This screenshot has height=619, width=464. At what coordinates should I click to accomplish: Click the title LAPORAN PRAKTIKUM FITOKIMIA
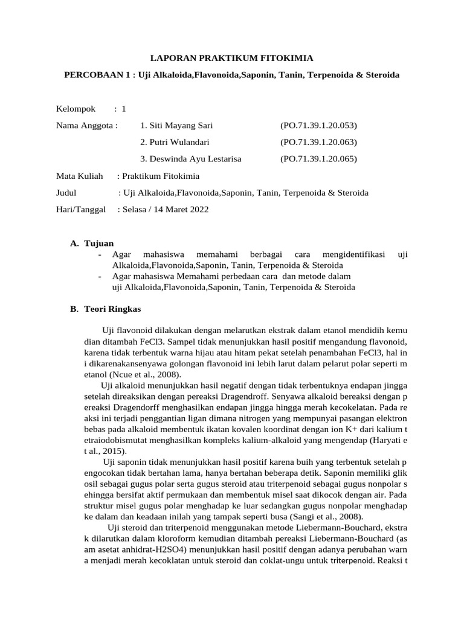[232, 58]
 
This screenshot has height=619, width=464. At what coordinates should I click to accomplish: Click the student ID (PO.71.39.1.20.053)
[318, 126]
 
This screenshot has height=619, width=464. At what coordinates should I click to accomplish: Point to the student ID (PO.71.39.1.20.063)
[318, 142]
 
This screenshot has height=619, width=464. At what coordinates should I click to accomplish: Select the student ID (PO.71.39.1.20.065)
[318, 159]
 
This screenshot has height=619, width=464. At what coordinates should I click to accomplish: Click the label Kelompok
[76, 109]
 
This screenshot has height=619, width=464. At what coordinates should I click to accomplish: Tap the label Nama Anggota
[86, 126]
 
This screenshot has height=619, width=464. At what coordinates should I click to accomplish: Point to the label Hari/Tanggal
[80, 209]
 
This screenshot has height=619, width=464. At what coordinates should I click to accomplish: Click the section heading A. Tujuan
[92, 243]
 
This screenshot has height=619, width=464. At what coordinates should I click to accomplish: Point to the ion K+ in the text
[326, 429]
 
